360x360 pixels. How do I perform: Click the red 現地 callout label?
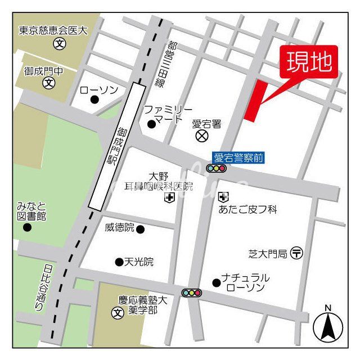(x=309, y=62)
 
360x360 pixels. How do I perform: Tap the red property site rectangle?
(x=255, y=100)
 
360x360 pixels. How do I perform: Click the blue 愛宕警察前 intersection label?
(x=237, y=158)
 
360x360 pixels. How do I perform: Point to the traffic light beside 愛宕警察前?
(x=215, y=168)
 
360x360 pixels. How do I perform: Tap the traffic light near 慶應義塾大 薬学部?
(x=191, y=292)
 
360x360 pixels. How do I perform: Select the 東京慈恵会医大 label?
(x=54, y=31)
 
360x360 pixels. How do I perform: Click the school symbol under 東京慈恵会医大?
(x=58, y=43)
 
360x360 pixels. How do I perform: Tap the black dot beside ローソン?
(x=94, y=100)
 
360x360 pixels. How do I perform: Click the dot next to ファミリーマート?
(x=151, y=124)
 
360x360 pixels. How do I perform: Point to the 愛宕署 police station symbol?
(x=201, y=136)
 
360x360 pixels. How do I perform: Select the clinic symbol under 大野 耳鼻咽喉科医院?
(x=169, y=197)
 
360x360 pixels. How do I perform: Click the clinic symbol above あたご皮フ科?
(x=224, y=197)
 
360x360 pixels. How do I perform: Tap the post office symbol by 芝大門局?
(x=296, y=253)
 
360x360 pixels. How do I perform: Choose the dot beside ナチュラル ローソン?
(x=216, y=282)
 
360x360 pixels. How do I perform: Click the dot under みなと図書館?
(x=26, y=227)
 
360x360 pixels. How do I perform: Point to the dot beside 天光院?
(x=119, y=262)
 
